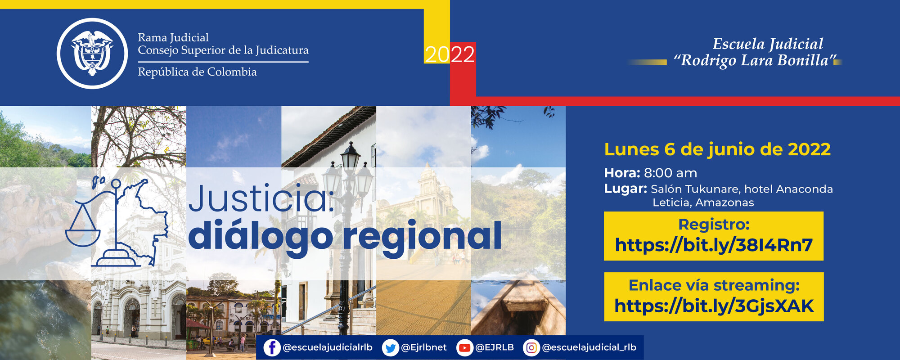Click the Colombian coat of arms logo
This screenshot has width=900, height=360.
[x=92, y=53]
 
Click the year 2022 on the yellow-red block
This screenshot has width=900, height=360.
[x=450, y=55]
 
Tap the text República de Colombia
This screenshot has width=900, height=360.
[x=197, y=72]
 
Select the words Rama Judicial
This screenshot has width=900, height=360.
[x=173, y=37]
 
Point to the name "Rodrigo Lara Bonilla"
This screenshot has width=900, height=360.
[x=755, y=60]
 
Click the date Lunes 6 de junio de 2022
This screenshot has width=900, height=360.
[x=717, y=149]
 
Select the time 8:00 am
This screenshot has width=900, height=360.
[x=670, y=173]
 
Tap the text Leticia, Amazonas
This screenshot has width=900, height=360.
[x=703, y=202]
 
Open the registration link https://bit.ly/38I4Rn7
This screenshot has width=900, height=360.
[x=714, y=245]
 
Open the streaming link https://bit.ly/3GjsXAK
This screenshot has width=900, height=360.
[x=714, y=306]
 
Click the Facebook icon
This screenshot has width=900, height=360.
[x=272, y=348]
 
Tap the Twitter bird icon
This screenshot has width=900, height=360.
[x=390, y=348]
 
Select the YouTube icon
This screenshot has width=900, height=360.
[x=464, y=348]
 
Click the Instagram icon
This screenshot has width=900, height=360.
[x=531, y=348]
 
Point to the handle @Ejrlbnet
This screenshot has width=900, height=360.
[x=423, y=347]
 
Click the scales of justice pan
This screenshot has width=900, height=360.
[x=82, y=237]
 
